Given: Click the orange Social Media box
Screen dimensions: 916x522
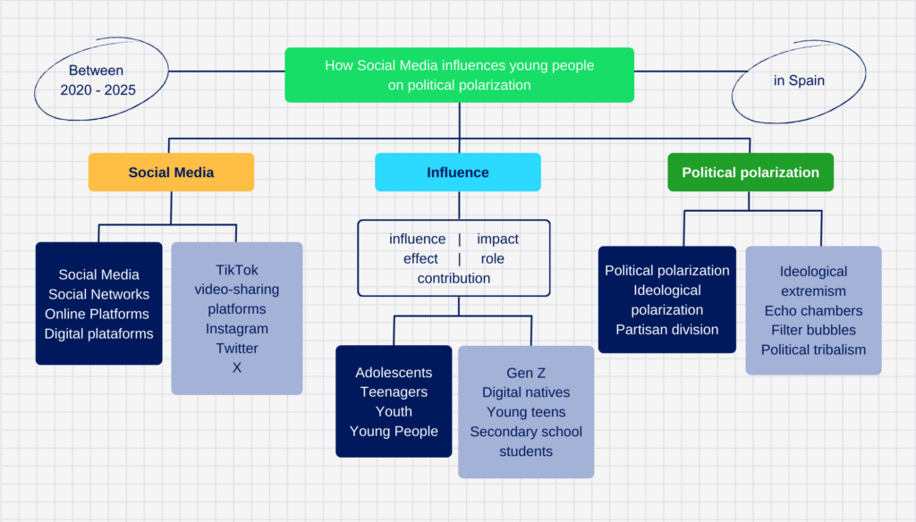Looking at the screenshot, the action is (x=171, y=173).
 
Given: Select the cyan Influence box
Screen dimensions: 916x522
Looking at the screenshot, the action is (x=458, y=173).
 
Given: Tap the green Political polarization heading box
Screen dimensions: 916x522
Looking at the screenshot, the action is (x=751, y=173).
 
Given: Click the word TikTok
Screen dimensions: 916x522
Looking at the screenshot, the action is (x=236, y=270).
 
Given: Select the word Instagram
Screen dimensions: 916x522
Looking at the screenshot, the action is (x=236, y=329).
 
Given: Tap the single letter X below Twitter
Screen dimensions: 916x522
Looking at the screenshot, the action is (x=236, y=368).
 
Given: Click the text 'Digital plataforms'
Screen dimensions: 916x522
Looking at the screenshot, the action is (x=98, y=333).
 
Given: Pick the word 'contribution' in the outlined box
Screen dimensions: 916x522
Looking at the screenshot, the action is (x=454, y=278).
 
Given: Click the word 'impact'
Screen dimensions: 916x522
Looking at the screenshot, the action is (x=497, y=239).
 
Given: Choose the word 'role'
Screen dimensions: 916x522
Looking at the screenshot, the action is (x=493, y=258).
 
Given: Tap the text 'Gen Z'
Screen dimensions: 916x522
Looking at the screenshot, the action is (x=526, y=373).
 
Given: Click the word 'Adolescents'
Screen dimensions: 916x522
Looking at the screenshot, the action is (x=394, y=373).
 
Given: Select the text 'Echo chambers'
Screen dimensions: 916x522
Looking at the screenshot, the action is (x=813, y=311).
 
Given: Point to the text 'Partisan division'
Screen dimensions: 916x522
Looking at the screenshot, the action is (x=667, y=329).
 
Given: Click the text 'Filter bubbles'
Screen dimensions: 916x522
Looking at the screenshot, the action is (x=813, y=330).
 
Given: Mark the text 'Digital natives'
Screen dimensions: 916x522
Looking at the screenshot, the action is (x=526, y=392).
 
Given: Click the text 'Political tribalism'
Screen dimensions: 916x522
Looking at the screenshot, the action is (x=813, y=349).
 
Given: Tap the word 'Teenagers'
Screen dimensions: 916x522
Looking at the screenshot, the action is (x=394, y=391).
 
